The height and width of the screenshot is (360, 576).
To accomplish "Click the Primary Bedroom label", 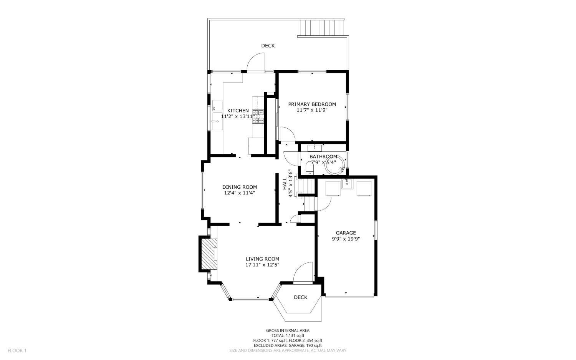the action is (312, 104).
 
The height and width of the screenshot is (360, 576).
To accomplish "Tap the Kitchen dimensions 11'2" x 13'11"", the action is (238, 116).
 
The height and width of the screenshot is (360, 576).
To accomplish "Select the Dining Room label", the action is (240, 187).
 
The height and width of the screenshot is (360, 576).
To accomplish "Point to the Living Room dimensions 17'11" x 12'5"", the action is (262, 265).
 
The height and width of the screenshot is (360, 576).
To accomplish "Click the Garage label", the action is (346, 233).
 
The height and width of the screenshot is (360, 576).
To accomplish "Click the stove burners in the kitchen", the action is (258, 116).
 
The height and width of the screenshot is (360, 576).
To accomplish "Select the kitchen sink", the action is (218, 121).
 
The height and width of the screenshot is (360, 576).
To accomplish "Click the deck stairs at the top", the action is (323, 28).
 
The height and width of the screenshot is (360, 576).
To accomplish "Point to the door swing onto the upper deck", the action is (256, 61).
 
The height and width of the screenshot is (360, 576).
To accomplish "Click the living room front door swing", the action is (303, 272).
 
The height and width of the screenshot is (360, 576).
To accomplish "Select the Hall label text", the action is (285, 184).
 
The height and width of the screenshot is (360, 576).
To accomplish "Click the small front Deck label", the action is (301, 297).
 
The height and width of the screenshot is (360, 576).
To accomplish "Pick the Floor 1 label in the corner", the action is (17, 350).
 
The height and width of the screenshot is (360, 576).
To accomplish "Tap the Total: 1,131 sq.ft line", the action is (288, 335).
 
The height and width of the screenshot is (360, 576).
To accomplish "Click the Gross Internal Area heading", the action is (288, 331).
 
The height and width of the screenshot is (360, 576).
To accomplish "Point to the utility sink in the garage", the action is (348, 184).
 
